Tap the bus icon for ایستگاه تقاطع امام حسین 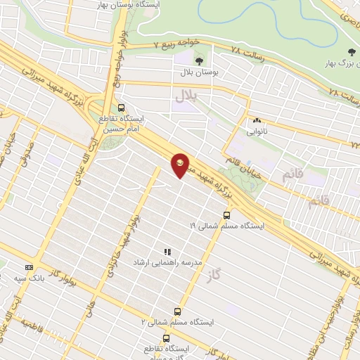point(122,108)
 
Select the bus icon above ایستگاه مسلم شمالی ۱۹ point(226,216)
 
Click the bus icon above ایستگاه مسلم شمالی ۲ point(176,311)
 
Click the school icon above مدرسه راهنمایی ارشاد point(167,251)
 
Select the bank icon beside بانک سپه point(29,267)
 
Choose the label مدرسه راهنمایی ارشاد point(168,262)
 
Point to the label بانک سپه point(30,278)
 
